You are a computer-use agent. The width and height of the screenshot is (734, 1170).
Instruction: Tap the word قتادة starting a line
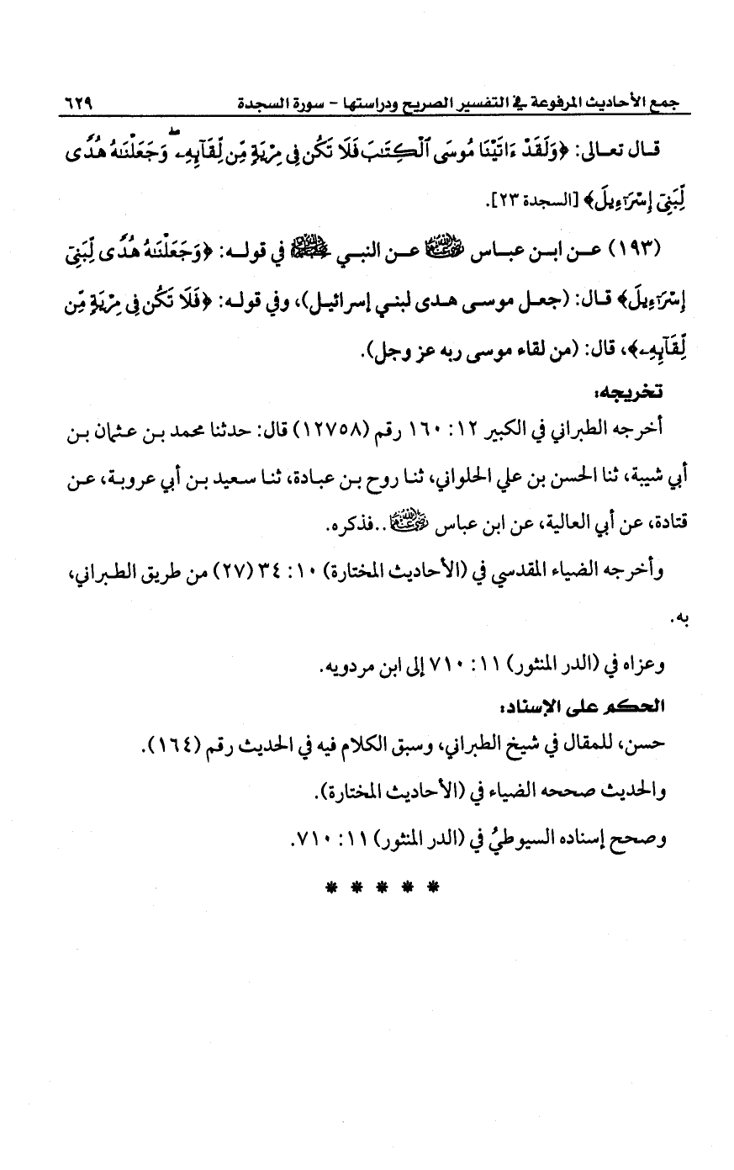(x=644, y=527)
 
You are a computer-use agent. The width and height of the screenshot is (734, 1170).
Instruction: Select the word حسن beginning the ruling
(x=652, y=744)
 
